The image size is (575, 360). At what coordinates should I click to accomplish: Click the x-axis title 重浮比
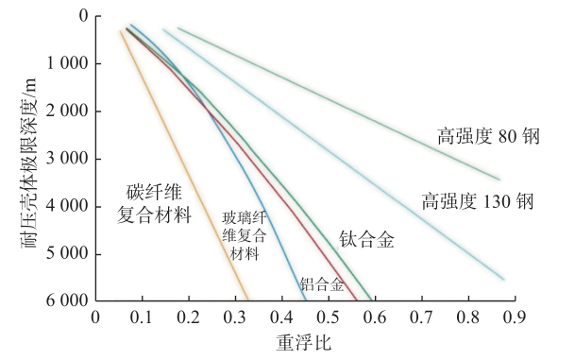(304, 342)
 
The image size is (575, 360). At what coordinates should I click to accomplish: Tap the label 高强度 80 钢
(487, 136)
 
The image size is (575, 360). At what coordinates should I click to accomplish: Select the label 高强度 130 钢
(478, 200)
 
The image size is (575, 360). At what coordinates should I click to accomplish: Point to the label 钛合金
(366, 239)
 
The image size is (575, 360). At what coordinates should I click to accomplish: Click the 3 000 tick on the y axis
(69, 159)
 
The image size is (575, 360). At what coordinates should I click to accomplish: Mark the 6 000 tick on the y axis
(69, 300)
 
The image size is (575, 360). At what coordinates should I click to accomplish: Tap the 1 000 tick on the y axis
(69, 63)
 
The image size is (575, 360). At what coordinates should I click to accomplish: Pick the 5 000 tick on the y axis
(69, 253)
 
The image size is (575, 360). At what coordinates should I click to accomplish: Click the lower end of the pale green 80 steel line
(499, 179)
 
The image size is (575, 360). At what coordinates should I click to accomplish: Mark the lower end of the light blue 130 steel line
(503, 279)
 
